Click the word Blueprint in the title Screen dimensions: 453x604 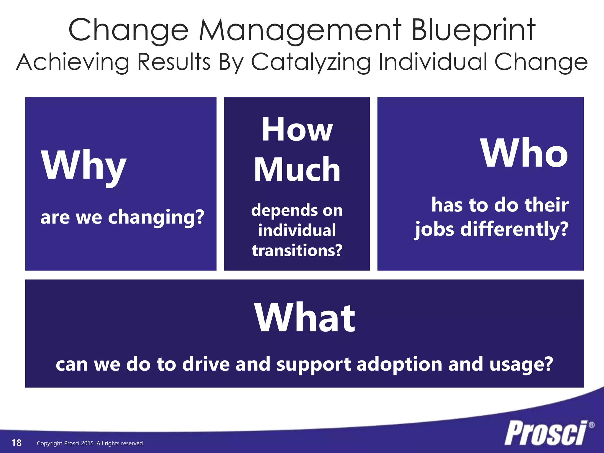(473, 30)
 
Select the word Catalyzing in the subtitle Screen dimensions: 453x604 (311, 62)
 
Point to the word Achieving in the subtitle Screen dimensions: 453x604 (73, 62)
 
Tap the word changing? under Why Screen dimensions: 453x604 (156, 218)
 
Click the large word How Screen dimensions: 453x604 (297, 130)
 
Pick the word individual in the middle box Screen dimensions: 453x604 (297, 230)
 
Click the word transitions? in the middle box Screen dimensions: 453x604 (297, 250)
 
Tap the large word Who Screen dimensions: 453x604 (524, 153)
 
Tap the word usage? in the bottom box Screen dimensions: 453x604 (521, 365)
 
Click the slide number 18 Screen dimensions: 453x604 (17, 443)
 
